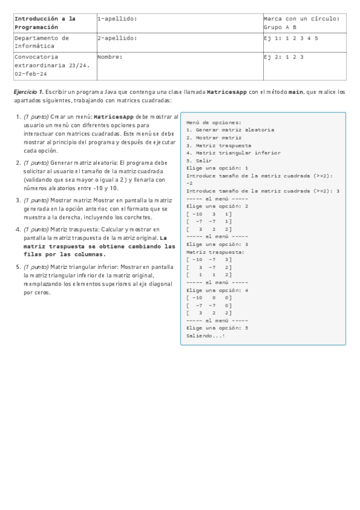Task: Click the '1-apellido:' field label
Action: click(117, 19)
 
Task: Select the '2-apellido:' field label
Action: click(117, 38)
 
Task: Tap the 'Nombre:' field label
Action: click(110, 57)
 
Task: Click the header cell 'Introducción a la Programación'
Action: click(44, 23)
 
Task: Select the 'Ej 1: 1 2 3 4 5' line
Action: click(291, 38)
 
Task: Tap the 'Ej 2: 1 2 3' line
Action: click(284, 57)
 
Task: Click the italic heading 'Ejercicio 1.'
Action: click(28, 93)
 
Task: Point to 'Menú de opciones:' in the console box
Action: click(213, 122)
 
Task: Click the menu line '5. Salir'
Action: click(200, 161)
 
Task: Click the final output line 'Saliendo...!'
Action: click(206, 336)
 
